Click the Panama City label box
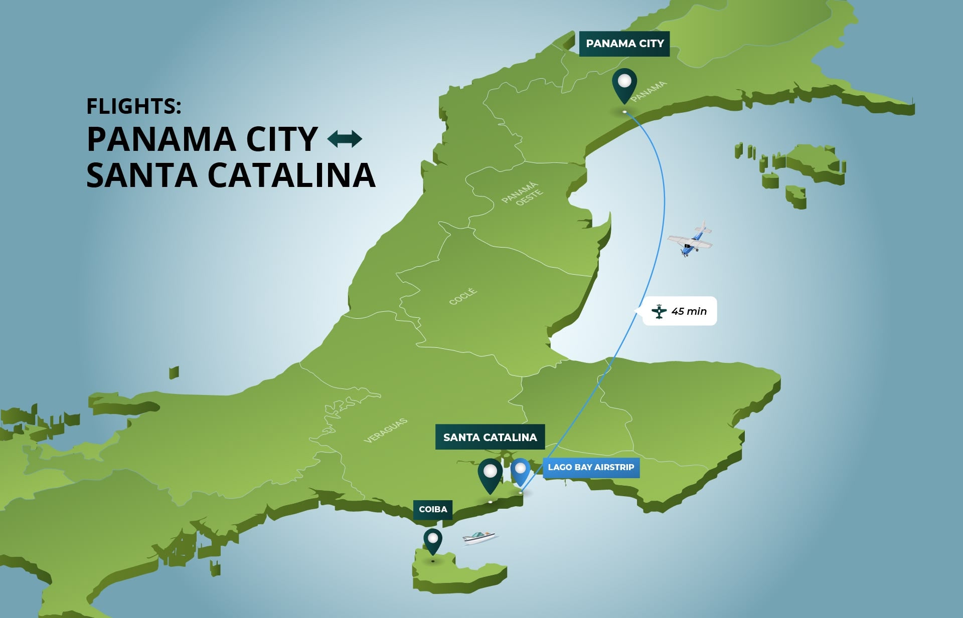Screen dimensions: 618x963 (624, 44)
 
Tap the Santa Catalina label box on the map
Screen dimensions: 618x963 (490, 437)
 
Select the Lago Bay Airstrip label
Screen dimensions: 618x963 (590, 467)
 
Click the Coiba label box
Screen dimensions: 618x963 (432, 509)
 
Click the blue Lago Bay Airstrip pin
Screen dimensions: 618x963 (520, 471)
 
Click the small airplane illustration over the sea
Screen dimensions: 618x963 (691, 240)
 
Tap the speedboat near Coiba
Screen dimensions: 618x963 (479, 537)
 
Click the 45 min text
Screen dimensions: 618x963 (689, 311)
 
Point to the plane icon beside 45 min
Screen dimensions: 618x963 (659, 311)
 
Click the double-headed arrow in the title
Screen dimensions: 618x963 (345, 139)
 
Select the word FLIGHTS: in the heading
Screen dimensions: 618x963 (133, 106)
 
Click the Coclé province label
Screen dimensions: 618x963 (462, 296)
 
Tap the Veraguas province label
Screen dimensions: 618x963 (385, 431)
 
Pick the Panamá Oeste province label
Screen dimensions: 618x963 (523, 194)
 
